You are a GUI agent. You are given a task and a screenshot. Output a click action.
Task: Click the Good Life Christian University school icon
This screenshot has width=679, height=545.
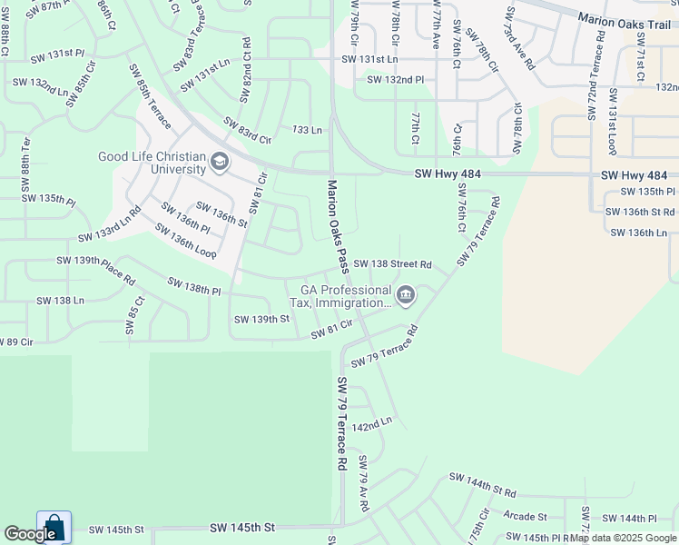219,163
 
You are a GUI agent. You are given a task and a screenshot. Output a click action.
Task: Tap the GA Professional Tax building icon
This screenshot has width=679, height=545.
406,294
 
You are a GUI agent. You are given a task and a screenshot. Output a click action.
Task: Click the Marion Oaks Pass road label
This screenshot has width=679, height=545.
337,226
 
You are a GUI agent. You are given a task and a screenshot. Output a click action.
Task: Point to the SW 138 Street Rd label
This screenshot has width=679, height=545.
392,264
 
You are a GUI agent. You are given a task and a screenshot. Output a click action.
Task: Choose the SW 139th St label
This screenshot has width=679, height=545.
261,319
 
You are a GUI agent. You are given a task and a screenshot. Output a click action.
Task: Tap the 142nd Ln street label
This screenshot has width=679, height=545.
372,424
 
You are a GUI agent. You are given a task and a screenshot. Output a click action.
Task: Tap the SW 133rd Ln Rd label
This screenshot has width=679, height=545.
110,225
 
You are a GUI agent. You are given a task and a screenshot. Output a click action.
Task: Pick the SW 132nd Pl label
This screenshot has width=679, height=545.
396,80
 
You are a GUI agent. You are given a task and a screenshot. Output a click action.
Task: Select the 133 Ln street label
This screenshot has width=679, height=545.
307,131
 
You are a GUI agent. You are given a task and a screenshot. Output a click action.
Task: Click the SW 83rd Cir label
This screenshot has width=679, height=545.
247,132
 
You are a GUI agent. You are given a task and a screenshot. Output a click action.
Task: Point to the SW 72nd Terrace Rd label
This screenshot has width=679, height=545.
597,76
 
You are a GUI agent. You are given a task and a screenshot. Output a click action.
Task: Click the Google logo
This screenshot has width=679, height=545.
30,534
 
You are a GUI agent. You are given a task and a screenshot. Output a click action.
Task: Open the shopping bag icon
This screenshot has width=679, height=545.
54,527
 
